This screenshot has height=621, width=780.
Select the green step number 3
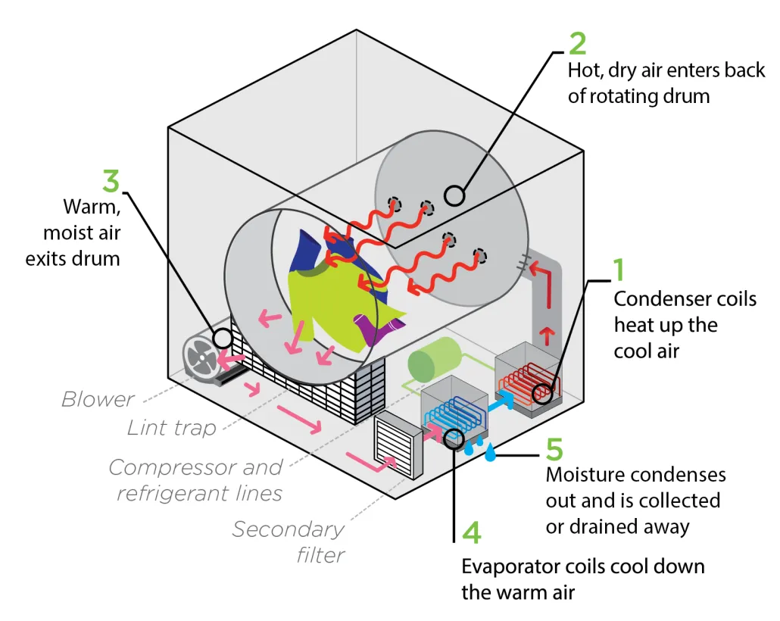click(111, 181)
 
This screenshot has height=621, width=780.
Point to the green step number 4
click(471, 533)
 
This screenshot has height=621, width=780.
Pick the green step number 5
click(554, 448)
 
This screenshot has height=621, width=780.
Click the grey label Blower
click(98, 399)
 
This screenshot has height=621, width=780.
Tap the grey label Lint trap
click(171, 428)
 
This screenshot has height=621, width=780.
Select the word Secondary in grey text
click(288, 529)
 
